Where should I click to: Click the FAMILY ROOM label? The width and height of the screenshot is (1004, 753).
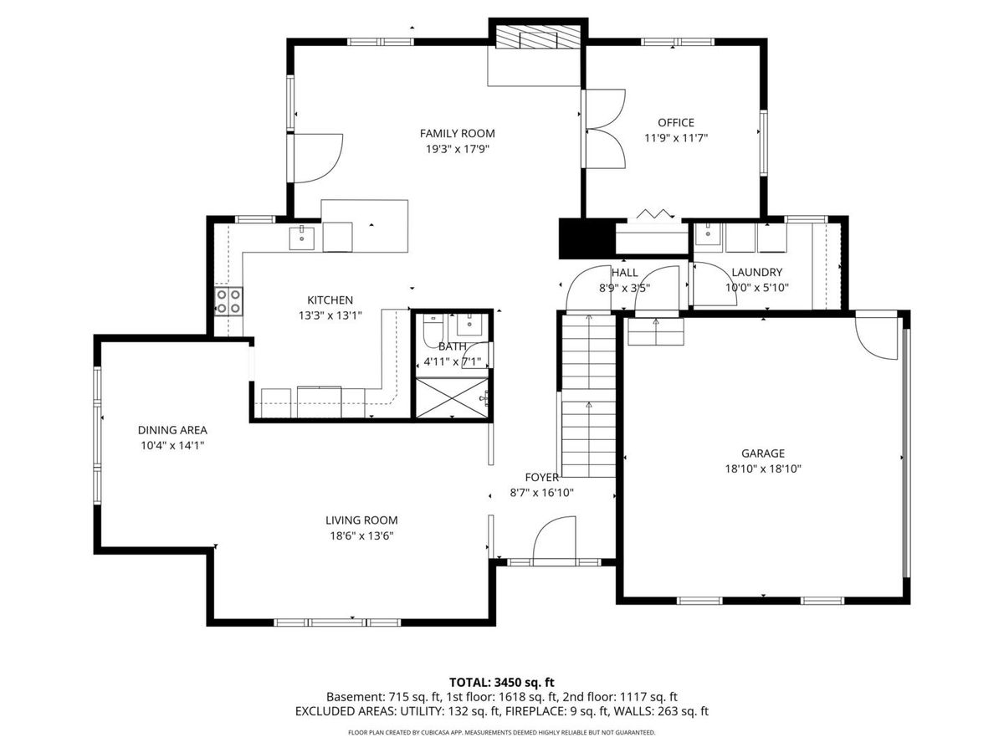457,134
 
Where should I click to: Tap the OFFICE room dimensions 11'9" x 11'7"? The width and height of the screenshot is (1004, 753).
675,137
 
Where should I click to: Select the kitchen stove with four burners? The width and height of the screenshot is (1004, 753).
228,301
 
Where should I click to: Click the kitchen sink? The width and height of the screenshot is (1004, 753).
301,238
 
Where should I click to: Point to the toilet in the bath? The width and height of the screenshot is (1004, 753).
433,329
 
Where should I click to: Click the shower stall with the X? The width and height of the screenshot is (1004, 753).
452,397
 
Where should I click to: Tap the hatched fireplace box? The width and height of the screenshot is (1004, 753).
538,37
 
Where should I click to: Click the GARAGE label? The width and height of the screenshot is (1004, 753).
763,453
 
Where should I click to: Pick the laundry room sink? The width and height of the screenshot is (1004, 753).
708,235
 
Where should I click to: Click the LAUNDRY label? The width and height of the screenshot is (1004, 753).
757,272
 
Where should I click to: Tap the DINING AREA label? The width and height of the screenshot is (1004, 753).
172,430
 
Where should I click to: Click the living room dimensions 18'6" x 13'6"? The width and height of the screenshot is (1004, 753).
361,535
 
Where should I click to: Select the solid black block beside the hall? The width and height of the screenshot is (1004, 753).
587,238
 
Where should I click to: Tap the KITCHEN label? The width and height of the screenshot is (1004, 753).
330,300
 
